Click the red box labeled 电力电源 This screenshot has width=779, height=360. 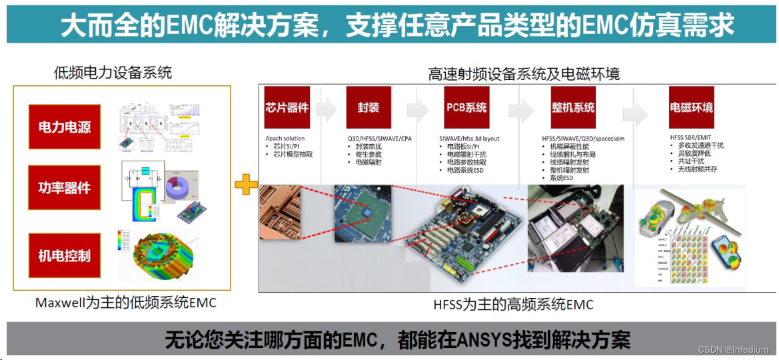64,127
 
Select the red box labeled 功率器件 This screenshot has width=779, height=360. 64,188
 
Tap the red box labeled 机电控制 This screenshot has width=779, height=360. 64,256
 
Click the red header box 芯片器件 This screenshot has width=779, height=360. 287,107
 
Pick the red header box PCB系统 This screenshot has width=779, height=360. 466,107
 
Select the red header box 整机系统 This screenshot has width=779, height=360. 573,107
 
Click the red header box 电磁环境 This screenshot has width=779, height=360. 691,107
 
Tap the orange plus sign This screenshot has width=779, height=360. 246,185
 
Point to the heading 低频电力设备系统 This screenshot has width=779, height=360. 113,73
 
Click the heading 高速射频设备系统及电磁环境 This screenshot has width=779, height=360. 524,73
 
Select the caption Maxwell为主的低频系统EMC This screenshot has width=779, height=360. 126,303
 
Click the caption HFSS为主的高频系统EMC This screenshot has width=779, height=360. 513,305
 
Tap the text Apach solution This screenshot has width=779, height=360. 285,139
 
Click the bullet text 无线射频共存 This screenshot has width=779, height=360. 700,169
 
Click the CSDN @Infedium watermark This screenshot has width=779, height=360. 733,349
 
